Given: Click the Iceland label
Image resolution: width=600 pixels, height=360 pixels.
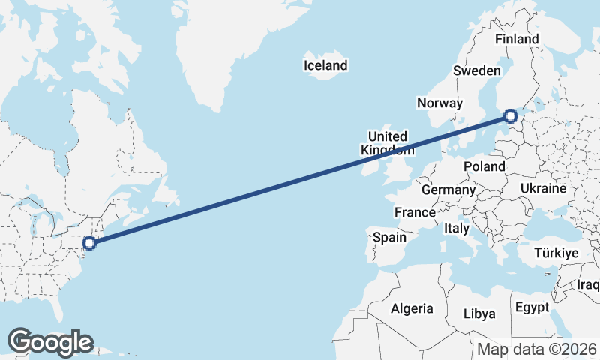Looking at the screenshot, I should [x=325, y=65].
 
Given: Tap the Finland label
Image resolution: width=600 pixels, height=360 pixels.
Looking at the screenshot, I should [x=517, y=39].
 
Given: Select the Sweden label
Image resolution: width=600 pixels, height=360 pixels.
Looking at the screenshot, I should [x=476, y=70].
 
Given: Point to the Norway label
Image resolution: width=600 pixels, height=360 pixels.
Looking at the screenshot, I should [x=440, y=103].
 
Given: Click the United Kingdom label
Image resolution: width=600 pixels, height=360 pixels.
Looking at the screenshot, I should [x=387, y=143].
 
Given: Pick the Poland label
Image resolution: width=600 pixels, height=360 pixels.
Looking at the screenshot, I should [x=484, y=166].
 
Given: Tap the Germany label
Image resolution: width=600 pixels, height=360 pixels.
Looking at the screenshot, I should [x=448, y=190].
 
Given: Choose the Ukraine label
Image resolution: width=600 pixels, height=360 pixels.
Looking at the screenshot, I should [x=541, y=188].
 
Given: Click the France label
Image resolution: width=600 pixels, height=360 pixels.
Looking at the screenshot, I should [x=415, y=212].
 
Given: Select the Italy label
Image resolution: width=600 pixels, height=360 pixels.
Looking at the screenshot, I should [x=456, y=228].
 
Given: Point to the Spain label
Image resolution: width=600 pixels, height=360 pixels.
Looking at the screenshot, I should [x=389, y=237].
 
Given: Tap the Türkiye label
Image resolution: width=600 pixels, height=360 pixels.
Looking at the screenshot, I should [x=556, y=253].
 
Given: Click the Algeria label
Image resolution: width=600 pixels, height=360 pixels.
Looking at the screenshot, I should [x=412, y=308].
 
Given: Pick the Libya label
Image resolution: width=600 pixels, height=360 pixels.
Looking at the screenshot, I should [x=479, y=313].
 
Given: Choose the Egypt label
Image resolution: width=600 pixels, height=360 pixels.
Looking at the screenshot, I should [x=532, y=307].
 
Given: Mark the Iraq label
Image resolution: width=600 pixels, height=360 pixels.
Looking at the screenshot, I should [x=589, y=285].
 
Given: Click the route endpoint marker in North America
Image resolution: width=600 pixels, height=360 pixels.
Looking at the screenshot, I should [x=89, y=242].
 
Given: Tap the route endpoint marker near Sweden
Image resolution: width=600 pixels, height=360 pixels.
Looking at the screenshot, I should [x=511, y=116].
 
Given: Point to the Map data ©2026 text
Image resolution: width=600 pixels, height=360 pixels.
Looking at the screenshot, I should [x=537, y=349].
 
